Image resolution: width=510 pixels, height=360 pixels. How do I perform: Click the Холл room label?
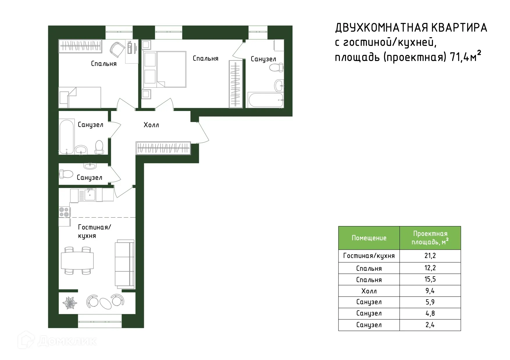[151, 125]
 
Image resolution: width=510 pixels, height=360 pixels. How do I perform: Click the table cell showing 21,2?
[430, 256]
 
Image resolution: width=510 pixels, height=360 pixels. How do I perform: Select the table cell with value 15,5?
[430, 279]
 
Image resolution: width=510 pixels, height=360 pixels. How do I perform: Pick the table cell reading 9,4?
[430, 291]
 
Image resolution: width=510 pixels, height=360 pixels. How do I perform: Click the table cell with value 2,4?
[430, 325]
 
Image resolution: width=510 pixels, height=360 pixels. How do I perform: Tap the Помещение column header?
[369, 238]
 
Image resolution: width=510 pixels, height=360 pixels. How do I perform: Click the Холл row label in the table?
[369, 291]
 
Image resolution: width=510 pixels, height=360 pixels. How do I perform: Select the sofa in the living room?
[125, 264]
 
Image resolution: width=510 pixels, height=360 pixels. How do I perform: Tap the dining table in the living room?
[77, 261]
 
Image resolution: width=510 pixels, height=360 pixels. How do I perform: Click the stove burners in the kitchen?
[64, 212]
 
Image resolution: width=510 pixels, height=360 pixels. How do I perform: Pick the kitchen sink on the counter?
[90, 194]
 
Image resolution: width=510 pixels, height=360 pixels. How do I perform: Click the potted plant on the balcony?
[70, 303]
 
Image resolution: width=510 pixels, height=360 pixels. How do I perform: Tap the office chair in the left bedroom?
[117, 49]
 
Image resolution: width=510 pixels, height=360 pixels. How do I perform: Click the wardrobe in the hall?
[163, 148]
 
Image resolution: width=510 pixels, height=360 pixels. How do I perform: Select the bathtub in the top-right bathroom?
[265, 100]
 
